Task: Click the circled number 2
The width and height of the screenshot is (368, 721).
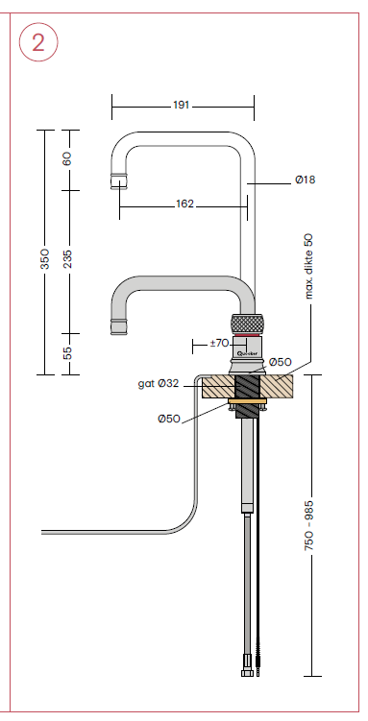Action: [38, 42]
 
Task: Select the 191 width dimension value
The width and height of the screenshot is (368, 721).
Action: [182, 106]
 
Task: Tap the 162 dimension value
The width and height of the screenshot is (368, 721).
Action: [184, 204]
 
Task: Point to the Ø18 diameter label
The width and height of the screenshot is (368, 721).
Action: [305, 180]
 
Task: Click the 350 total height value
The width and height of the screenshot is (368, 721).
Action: [44, 259]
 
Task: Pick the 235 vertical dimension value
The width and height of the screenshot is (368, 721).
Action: [67, 259]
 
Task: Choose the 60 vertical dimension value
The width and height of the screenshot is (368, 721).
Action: [67, 158]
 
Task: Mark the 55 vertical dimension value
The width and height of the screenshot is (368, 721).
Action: [67, 353]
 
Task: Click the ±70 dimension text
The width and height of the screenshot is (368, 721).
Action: [219, 343]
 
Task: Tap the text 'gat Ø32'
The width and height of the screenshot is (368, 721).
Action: [159, 383]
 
